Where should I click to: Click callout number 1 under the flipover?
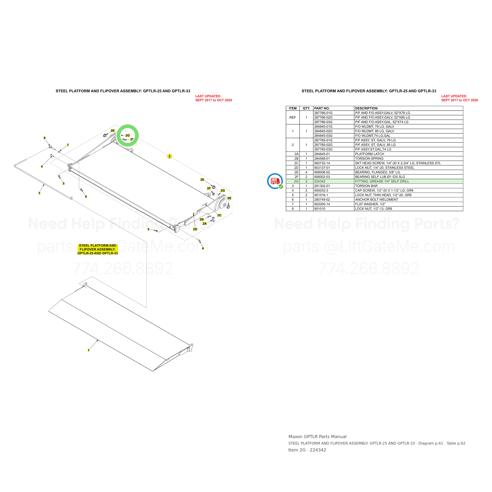89,350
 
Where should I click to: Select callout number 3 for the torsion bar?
39,193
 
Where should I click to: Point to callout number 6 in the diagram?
44,138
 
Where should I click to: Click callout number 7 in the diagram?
68,145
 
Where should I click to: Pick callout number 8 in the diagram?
86,197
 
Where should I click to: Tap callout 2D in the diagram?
195,229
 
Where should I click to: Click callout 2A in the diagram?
204,224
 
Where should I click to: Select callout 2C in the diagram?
219,215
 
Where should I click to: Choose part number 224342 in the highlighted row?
320,181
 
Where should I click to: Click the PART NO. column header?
322,108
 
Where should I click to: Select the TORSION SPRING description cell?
369,158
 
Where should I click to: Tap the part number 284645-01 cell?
322,154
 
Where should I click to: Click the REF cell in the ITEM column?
293,117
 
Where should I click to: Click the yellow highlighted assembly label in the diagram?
98,249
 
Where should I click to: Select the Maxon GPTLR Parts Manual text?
317,437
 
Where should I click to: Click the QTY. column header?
306,108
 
